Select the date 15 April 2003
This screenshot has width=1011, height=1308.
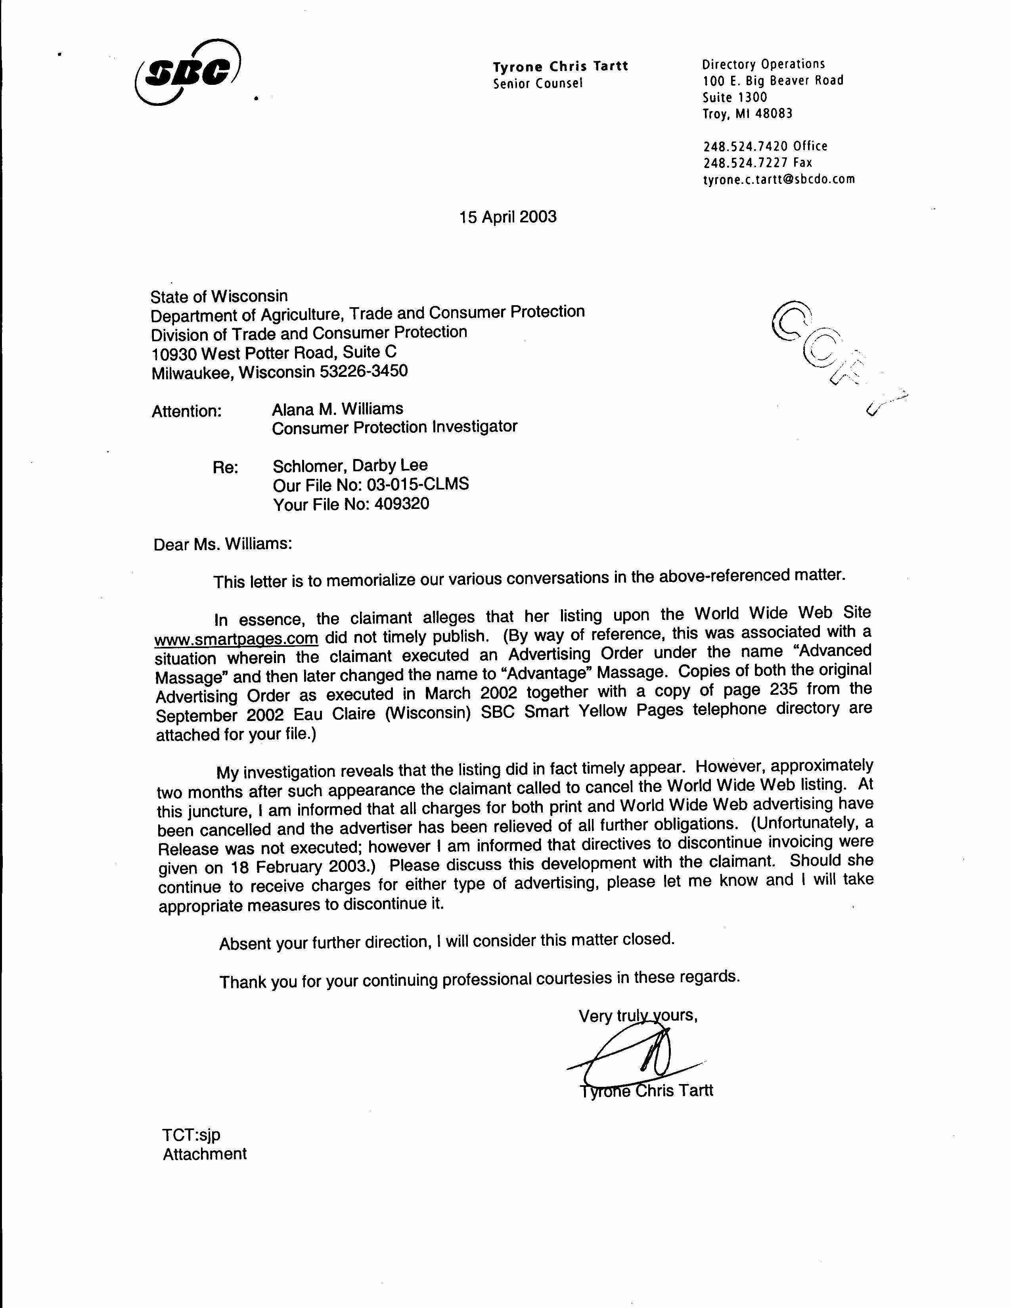508,217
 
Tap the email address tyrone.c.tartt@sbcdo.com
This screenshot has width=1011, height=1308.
779,179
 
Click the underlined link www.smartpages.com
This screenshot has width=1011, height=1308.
236,639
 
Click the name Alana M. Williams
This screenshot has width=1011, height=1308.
337,409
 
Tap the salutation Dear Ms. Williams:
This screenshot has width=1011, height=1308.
223,544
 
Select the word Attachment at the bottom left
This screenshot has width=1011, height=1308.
205,1154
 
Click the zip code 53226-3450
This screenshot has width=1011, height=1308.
364,371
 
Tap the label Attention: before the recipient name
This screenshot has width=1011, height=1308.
186,411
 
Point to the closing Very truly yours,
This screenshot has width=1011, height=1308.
638,1016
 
